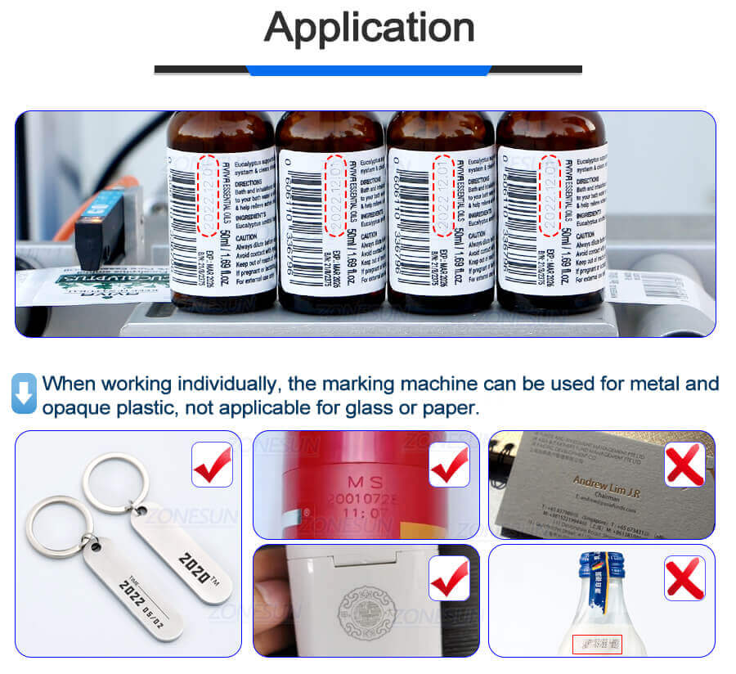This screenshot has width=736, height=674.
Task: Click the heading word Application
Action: tap(369, 29)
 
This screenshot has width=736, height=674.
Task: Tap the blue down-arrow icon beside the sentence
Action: tap(25, 393)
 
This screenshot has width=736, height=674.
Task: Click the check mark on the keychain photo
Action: tap(211, 464)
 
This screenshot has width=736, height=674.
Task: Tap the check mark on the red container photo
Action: tap(449, 464)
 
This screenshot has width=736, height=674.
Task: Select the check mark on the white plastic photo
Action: tap(449, 577)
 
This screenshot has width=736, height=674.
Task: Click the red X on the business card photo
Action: tap(684, 464)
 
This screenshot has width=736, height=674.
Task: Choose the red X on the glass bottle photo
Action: tap(684, 577)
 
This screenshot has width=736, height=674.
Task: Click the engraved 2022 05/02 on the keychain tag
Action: tap(138, 600)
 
